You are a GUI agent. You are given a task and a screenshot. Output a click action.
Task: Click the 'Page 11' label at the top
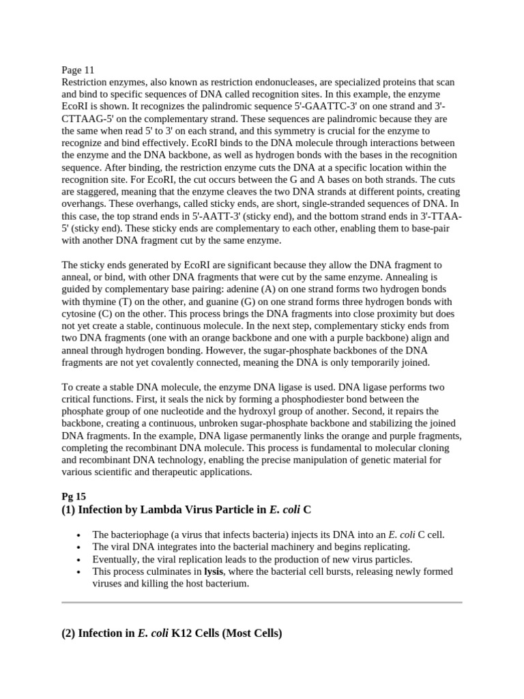pyautogui.click(x=78, y=70)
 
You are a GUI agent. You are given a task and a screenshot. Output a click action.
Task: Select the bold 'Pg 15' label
pyautogui.click(x=73, y=496)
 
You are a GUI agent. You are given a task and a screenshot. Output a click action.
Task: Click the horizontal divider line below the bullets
pyautogui.click(x=262, y=603)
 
